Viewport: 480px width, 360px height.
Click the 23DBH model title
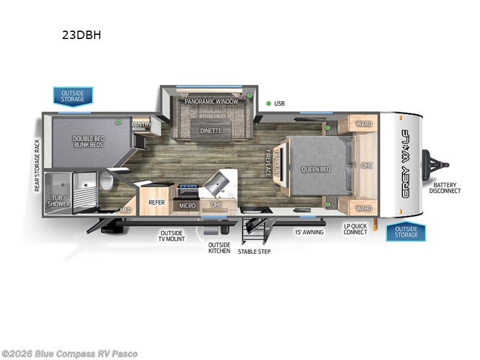82,35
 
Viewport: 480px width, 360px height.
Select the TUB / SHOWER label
59,200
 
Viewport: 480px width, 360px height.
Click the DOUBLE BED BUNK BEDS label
88,142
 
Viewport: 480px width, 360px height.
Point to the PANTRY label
142,124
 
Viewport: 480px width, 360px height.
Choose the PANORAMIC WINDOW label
211,101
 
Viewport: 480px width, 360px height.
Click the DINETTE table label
211,130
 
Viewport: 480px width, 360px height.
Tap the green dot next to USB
268,103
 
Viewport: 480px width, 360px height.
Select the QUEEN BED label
316,169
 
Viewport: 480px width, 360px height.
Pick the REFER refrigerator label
156,203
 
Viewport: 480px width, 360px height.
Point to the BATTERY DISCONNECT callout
445,188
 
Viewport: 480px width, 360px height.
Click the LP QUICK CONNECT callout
355,229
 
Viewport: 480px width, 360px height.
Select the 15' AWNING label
309,232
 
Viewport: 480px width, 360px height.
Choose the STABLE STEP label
254,251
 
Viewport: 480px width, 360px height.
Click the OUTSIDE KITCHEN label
219,247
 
